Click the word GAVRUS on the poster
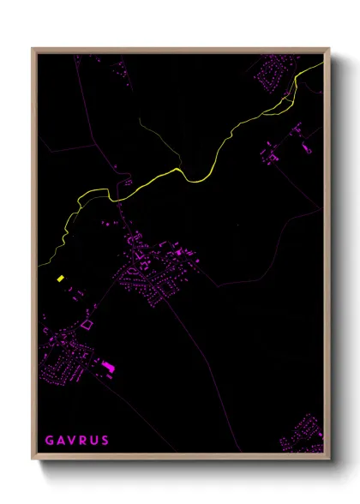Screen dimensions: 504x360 pos(76,441)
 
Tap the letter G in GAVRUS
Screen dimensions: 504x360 pos(48,441)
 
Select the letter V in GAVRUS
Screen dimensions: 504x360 pos(71,441)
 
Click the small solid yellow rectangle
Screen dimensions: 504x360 pos(61,279)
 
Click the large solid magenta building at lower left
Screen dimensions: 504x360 pos(109,368)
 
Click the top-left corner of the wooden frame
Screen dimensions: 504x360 pos(33,49)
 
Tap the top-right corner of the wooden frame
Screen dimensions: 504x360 pos(328,49)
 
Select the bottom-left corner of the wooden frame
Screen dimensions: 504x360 pos(33,459)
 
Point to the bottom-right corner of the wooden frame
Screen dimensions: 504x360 pos(328,459)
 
